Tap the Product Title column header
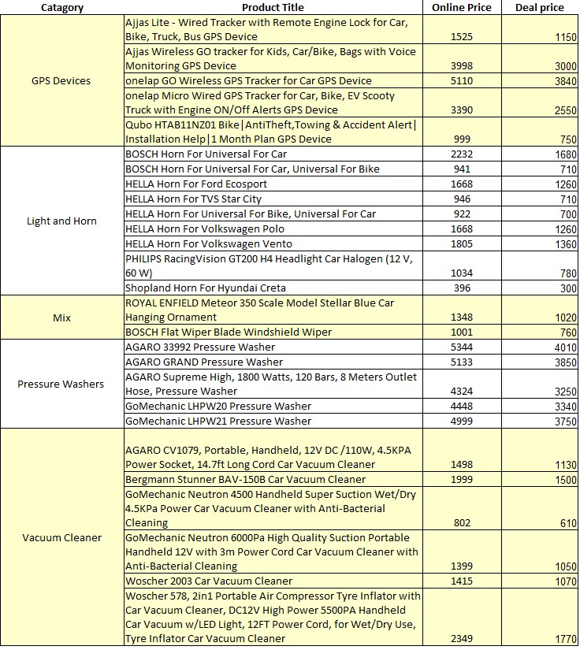[x=273, y=7]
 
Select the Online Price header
[x=461, y=7]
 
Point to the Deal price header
[x=539, y=7]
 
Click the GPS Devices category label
[x=61, y=80]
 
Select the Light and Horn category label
[x=61, y=221]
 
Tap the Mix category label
[x=61, y=318]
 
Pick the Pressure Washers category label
[x=61, y=384]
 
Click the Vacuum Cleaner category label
[x=61, y=537]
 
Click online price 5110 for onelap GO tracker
[x=461, y=81]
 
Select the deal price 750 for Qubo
[x=566, y=139]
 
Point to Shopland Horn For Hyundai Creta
[x=205, y=288]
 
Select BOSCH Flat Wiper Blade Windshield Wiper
[x=229, y=332]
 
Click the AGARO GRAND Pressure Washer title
[x=204, y=362]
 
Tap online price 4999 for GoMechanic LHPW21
[x=461, y=421]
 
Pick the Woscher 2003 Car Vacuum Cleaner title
[x=209, y=581]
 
